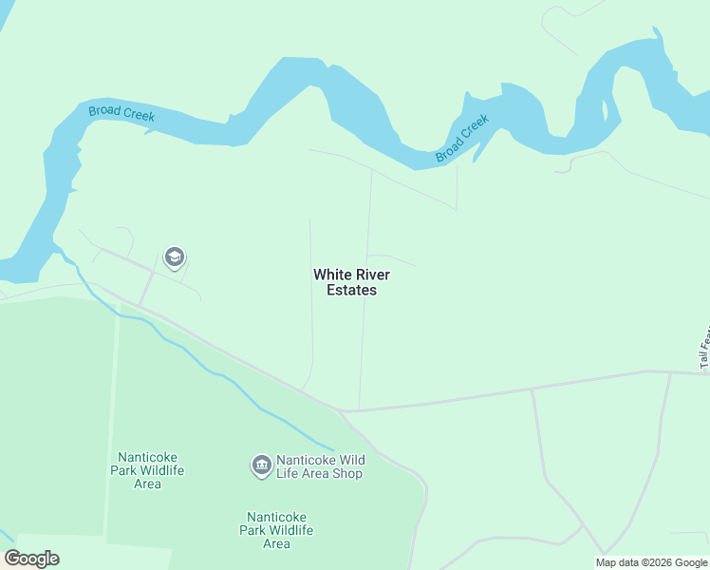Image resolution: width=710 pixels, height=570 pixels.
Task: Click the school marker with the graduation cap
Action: click(x=174, y=257)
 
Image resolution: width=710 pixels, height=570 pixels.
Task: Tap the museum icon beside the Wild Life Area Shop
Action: click(x=261, y=465)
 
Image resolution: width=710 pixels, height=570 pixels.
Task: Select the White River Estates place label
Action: click(x=351, y=282)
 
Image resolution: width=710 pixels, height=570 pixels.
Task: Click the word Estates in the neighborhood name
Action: click(x=351, y=290)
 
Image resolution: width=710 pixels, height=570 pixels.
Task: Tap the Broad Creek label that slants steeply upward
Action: click(x=462, y=139)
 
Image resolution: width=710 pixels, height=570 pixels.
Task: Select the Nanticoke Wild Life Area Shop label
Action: click(x=320, y=465)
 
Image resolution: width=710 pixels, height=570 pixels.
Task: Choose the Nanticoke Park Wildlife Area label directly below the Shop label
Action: click(x=276, y=530)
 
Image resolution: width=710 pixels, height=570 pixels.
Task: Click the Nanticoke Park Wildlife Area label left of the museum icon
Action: click(x=147, y=470)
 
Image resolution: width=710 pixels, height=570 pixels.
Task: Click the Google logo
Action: click(x=32, y=559)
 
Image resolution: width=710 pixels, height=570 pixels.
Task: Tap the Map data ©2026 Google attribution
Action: click(x=651, y=562)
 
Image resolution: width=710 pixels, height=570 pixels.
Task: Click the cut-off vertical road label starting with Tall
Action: click(x=704, y=348)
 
